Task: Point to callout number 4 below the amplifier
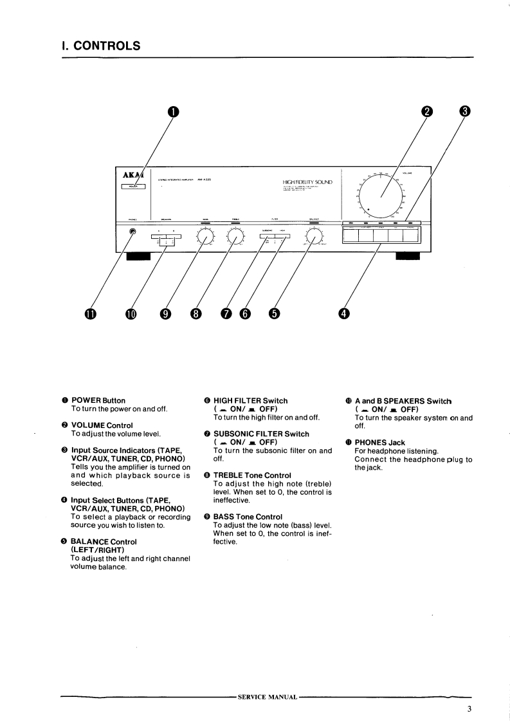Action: coord(344,313)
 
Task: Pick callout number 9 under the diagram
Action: coord(166,313)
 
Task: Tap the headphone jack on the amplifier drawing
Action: coord(132,232)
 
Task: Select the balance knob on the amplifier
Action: coord(314,237)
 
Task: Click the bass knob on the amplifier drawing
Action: coord(205,237)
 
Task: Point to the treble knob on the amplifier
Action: coord(234,237)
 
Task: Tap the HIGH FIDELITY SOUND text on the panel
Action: coord(307,183)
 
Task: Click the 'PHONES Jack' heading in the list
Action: coord(384,442)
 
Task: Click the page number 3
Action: coord(469,710)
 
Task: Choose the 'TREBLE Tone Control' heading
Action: coord(248,476)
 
